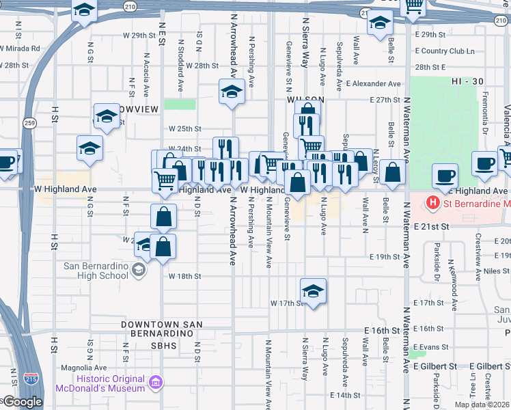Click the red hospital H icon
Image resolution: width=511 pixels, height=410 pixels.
[x=432, y=203]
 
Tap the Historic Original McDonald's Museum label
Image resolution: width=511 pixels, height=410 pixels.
[x=111, y=383]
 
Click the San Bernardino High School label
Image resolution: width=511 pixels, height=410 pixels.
[x=96, y=271]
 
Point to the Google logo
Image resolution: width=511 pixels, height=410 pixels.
[x=22, y=402]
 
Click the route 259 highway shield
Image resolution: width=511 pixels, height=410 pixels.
[x=29, y=123]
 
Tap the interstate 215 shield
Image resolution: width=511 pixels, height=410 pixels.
[x=31, y=377]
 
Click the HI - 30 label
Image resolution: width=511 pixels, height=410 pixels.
[x=467, y=81]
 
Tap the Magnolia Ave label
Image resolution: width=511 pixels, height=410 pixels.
[x=76, y=367]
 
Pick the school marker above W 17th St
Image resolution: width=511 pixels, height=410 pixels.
[x=313, y=290]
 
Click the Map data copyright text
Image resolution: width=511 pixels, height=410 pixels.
[x=482, y=405]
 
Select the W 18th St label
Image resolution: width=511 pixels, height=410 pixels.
[x=184, y=276]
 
